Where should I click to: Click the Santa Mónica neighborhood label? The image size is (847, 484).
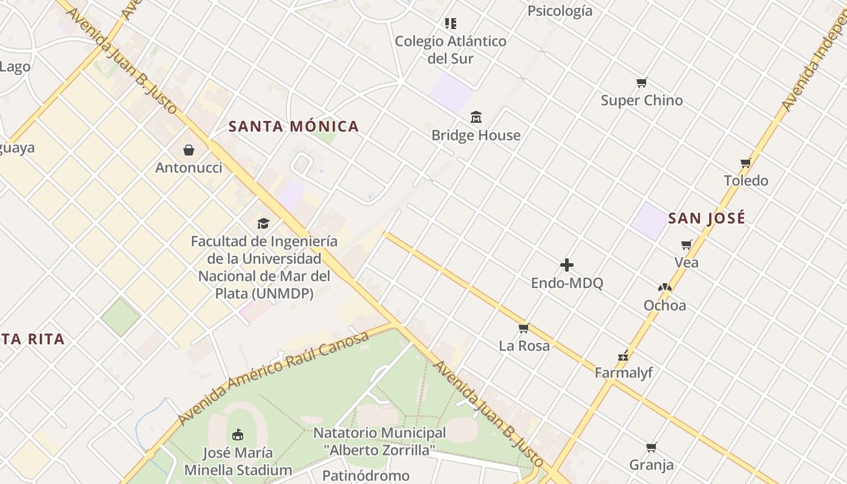(x=294, y=126)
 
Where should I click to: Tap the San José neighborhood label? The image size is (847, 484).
(x=707, y=218)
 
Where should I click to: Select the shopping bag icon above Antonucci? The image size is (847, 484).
(x=189, y=149)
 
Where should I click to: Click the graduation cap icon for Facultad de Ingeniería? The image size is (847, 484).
(x=263, y=223)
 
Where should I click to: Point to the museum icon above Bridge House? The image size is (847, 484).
(x=476, y=117)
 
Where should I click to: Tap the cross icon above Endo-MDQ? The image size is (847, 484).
(x=567, y=265)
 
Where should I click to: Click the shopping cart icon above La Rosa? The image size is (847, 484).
(x=524, y=328)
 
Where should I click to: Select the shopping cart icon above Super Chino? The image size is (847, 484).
(x=641, y=82)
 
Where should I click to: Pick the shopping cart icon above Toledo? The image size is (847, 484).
(x=745, y=163)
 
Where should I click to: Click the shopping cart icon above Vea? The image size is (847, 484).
(x=686, y=244)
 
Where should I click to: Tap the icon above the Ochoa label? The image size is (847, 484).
(x=664, y=287)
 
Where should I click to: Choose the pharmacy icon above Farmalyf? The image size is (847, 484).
(x=623, y=355)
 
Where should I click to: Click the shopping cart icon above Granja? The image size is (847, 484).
(x=651, y=447)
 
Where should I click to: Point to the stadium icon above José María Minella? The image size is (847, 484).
(x=238, y=434)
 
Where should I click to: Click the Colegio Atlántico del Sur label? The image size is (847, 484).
(x=451, y=50)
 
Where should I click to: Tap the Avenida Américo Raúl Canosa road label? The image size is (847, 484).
(x=273, y=378)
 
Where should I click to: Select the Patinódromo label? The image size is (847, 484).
(x=365, y=476)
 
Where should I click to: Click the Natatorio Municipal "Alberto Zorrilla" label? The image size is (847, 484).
(x=379, y=442)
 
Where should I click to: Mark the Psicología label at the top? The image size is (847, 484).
(x=560, y=11)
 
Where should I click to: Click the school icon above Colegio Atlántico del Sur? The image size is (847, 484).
(x=450, y=24)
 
